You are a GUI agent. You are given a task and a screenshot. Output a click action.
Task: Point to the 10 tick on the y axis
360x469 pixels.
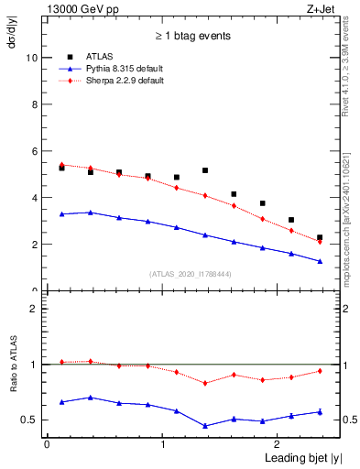point(32,57)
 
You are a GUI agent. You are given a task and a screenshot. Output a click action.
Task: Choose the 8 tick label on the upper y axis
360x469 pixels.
point(34,104)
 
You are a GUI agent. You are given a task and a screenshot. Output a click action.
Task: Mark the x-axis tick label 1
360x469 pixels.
point(163,444)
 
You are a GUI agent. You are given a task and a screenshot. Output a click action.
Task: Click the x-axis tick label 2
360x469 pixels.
point(278,444)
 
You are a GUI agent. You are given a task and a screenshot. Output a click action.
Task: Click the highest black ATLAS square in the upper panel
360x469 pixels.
point(61,168)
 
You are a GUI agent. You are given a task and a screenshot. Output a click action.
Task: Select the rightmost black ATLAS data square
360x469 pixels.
point(320,237)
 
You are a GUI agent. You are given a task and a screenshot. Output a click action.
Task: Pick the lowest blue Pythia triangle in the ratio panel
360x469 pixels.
point(205,426)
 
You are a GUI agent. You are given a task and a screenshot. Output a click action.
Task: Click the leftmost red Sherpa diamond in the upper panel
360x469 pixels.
point(61,165)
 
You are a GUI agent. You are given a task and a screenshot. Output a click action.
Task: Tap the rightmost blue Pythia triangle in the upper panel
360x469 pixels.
point(320,261)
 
